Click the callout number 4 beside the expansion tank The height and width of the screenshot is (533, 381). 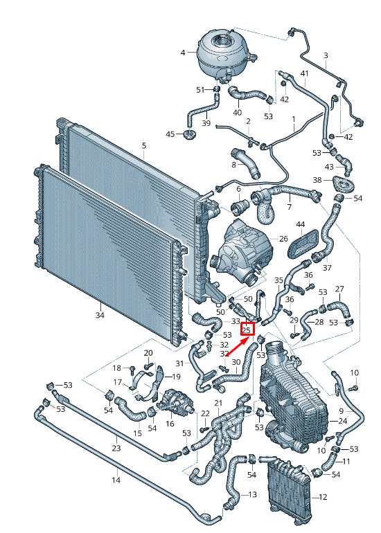(x=183, y=53)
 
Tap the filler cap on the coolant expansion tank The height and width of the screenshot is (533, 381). (x=220, y=42)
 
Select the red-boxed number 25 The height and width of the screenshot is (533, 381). (x=247, y=329)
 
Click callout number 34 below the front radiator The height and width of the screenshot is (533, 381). (x=99, y=315)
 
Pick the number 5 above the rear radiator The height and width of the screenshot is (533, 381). (x=144, y=146)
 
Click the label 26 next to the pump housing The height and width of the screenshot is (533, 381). (x=283, y=239)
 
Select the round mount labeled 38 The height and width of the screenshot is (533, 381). (x=343, y=186)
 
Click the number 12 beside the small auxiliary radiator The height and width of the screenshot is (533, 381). (x=323, y=497)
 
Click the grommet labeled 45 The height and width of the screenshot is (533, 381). (x=189, y=134)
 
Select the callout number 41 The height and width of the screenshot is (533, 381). (x=304, y=73)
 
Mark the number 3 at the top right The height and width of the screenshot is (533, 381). (x=326, y=55)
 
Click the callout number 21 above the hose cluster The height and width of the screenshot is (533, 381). (x=218, y=403)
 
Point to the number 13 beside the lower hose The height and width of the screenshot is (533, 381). (x=252, y=494)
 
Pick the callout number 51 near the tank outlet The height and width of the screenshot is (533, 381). (x=200, y=90)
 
